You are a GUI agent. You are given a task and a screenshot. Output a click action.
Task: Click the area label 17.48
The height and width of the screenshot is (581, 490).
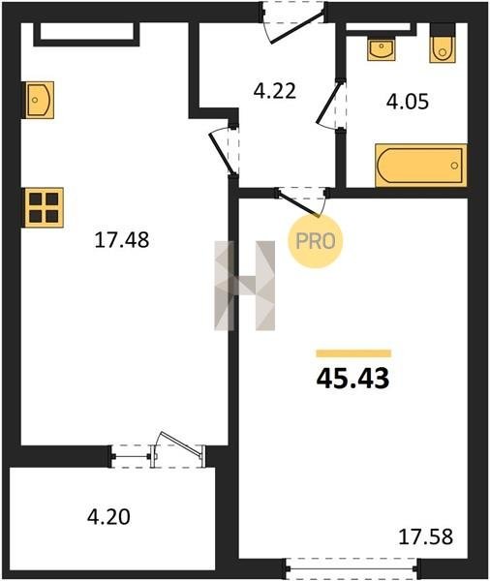click(x=122, y=240)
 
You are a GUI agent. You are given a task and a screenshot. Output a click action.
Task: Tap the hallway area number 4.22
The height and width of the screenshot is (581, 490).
click(x=275, y=91)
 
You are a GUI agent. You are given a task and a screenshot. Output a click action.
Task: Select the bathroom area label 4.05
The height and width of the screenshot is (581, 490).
click(x=408, y=102)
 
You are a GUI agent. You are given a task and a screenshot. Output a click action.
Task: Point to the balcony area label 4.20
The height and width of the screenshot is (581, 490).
click(x=108, y=517)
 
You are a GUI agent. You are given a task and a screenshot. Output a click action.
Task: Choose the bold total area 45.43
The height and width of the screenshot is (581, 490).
click(x=352, y=379)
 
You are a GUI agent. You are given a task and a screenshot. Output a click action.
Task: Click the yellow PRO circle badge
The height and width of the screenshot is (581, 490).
click(x=316, y=241)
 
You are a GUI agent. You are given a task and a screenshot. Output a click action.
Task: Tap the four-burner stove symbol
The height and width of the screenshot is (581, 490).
click(x=45, y=207)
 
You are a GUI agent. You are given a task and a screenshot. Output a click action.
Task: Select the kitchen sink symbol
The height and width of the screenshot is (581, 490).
click(x=40, y=100)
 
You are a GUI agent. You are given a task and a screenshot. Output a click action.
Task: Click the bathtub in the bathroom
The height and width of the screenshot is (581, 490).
click(x=420, y=166)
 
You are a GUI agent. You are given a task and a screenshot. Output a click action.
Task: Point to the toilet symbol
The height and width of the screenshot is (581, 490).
click(x=443, y=44)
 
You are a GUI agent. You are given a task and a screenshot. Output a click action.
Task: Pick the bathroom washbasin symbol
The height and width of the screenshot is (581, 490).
click(x=381, y=49)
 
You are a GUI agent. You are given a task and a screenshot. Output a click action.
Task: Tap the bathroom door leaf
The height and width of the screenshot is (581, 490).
click(x=328, y=105)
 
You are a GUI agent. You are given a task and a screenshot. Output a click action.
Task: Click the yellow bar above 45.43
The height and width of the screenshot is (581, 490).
click(x=353, y=353)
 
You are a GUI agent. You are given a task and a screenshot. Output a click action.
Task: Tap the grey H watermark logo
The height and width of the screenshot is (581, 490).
click(x=245, y=286)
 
